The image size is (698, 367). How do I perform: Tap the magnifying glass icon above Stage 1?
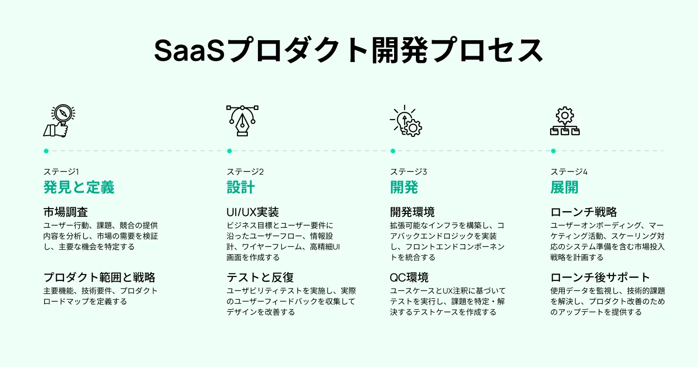click(60, 121)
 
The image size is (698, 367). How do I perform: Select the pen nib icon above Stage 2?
click(242, 121)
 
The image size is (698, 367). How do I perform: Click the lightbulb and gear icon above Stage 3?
click(406, 121)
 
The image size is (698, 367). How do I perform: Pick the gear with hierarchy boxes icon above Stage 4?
click(565, 121)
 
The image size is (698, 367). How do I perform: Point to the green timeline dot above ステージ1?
click(46, 151)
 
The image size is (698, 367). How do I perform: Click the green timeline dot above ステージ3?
click(393, 151)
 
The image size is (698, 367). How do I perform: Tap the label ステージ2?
click(245, 171)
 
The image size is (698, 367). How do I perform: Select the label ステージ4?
click(569, 171)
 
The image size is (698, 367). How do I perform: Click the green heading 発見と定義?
click(79, 187)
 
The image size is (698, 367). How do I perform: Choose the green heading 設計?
click(240, 187)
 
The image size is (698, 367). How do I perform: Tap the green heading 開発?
click(404, 187)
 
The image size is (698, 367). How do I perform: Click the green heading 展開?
click(564, 187)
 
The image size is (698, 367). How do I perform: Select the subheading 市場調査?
click(65, 212)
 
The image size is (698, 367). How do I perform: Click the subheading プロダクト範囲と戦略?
click(99, 277)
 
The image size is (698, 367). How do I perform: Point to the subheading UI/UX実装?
click(253, 212)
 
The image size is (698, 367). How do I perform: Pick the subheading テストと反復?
click(260, 277)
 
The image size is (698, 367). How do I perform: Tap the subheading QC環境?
click(409, 277)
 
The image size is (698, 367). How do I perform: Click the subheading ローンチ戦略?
click(584, 212)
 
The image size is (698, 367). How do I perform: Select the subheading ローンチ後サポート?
click(600, 277)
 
